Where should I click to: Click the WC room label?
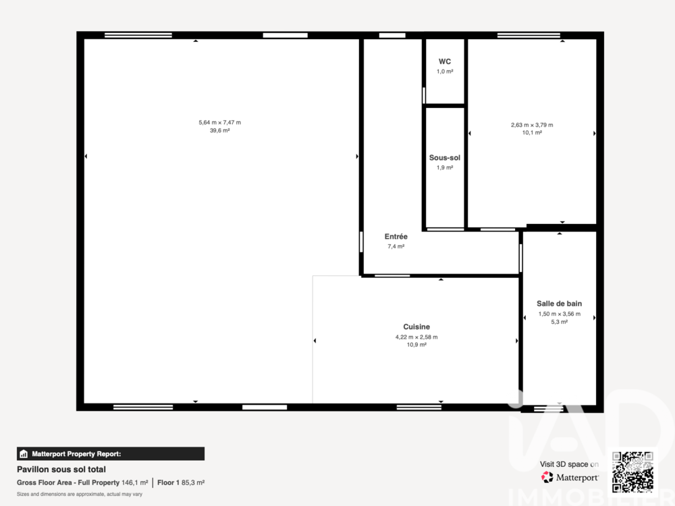click(445, 61)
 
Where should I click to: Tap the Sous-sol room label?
click(445, 158)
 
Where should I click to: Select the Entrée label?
click(396, 237)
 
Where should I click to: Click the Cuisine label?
click(416, 327)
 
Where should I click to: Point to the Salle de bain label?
click(559, 304)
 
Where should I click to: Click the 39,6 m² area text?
click(219, 130)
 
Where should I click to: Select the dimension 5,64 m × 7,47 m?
click(219, 123)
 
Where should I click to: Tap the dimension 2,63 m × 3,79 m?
click(532, 125)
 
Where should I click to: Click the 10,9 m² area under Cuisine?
click(416, 345)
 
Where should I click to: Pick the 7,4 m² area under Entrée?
click(396, 246)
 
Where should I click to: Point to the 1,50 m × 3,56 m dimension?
click(559, 314)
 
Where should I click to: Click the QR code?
click(633, 472)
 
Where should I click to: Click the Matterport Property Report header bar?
click(111, 454)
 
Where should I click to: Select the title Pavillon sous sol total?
click(61, 470)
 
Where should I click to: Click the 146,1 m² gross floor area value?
click(135, 483)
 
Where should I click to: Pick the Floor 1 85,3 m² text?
click(181, 483)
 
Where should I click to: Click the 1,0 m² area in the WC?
click(445, 72)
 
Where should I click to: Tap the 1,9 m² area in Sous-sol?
click(445, 168)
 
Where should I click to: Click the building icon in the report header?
click(24, 454)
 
